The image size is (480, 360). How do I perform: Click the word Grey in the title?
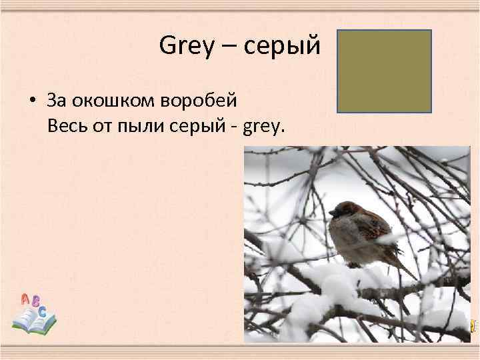pos(183,46)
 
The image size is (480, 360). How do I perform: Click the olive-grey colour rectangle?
pos(383,70)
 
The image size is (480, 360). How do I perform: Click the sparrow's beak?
pos(331,213)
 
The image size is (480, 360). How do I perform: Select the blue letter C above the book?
pos(43,311)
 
